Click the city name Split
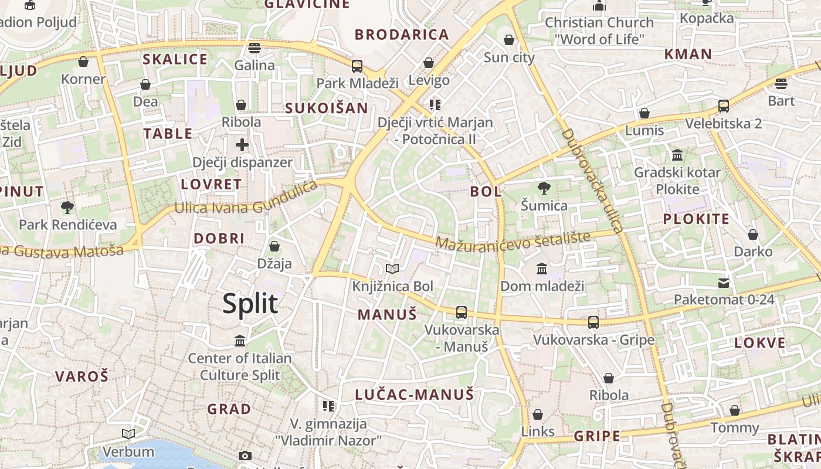pos(250,304)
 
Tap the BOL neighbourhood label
pos(486,191)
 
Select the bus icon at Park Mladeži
pos(357,66)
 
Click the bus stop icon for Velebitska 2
pos(724,106)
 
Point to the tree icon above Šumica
pos(544,188)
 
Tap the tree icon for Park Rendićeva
pos(67,207)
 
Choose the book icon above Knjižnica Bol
pos(392,269)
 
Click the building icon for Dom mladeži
pos(542,269)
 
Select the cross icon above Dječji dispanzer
pos(242,145)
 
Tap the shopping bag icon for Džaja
pos(274,246)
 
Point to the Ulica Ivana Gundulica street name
pos(246,202)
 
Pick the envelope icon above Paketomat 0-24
pos(724,283)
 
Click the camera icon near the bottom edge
pos(245,456)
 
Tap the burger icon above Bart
pos(781,83)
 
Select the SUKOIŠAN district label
pos(326,108)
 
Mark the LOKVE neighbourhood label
pos(759,343)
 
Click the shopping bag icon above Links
pos(538,414)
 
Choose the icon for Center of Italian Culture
pos(239,341)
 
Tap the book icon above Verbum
pos(128,434)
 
